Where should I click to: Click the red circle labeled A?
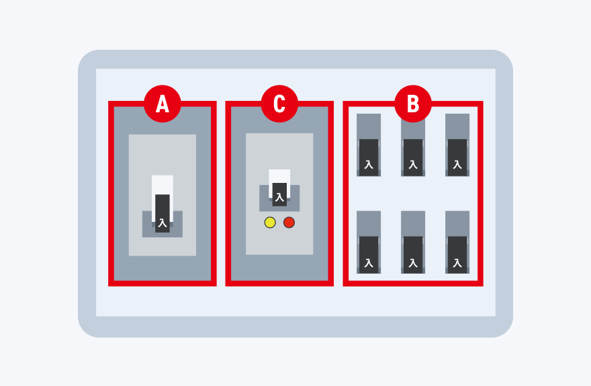[163, 104]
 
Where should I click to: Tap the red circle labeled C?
[279, 104]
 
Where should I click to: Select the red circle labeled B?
[413, 104]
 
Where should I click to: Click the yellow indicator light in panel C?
[270, 223]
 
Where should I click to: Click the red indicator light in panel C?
[289, 223]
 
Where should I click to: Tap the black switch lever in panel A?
[163, 213]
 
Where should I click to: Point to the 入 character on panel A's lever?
[163, 223]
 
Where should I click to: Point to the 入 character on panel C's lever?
[279, 197]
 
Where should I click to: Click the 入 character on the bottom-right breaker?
[457, 263]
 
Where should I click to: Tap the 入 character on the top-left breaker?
[369, 165]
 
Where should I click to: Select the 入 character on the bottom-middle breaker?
[413, 263]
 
